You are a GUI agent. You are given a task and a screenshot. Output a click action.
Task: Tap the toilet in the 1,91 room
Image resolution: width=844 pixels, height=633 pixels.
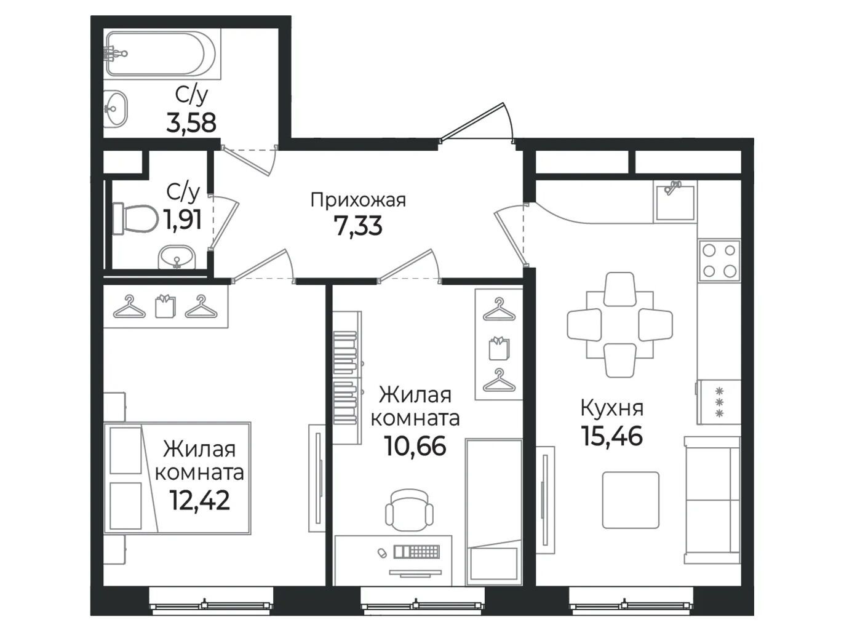(135, 218)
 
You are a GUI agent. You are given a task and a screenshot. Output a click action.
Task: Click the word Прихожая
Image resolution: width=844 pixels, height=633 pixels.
(358, 201)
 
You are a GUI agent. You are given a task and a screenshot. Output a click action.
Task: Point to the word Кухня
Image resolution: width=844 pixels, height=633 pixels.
(611, 408)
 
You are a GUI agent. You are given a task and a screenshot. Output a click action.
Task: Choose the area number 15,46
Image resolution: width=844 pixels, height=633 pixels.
(611, 436)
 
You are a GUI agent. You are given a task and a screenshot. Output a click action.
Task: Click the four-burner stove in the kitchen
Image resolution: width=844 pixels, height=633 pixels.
(719, 261)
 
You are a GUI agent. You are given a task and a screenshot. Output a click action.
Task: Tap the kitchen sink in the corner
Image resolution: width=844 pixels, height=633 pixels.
(675, 202)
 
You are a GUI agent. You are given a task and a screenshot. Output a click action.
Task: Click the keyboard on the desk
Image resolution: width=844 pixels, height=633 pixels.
(416, 552)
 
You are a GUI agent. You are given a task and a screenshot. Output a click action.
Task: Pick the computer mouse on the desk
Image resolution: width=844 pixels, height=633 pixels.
(382, 552)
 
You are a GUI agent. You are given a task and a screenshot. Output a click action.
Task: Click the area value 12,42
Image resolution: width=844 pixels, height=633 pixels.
(200, 500)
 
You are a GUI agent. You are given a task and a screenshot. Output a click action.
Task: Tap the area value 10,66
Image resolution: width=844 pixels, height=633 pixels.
(415, 446)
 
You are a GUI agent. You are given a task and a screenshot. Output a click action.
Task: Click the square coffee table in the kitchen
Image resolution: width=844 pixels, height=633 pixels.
(631, 500)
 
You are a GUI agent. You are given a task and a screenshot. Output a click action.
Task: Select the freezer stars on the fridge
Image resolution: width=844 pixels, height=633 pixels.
(719, 402)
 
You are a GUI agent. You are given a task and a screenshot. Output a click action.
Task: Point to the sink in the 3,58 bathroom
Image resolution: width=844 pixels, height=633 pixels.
(116, 109)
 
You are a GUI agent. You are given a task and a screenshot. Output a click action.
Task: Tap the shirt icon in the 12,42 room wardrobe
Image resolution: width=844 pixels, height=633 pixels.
(165, 306)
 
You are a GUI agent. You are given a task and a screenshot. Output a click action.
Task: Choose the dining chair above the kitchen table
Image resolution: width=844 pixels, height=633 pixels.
(619, 289)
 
